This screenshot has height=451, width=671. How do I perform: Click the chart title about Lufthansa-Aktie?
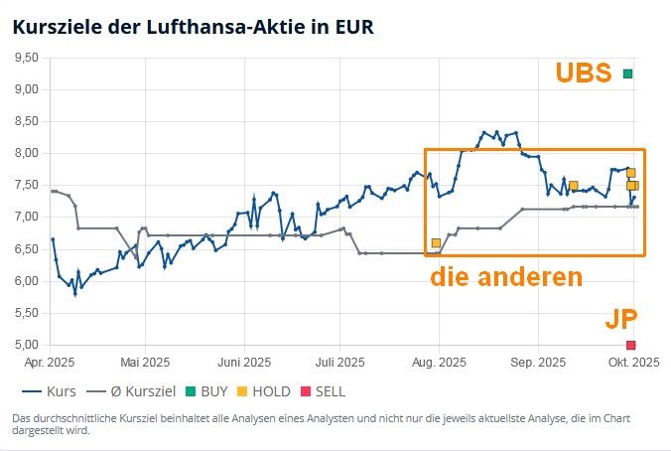194,27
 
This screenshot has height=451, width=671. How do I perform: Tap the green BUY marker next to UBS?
627,74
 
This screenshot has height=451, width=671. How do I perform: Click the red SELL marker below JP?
630,345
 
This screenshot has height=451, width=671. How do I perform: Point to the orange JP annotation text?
621,319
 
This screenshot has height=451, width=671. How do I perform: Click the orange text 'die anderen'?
505,277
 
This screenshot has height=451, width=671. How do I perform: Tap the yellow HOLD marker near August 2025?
436,242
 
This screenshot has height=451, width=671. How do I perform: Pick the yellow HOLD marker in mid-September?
573,186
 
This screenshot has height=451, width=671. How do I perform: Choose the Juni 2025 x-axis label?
244,363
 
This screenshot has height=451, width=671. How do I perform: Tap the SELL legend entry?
322,392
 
